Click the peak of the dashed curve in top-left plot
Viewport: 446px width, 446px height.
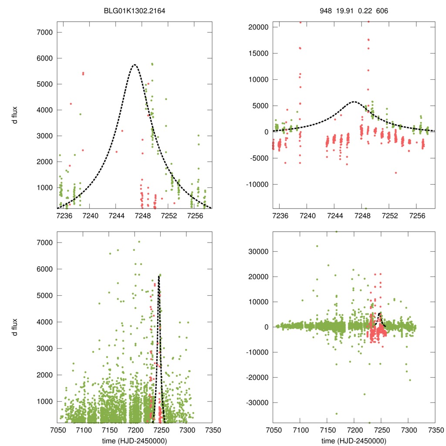click(x=135, y=65)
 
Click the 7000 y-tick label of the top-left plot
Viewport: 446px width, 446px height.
click(x=45, y=32)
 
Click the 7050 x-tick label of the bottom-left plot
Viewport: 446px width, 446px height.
click(x=58, y=430)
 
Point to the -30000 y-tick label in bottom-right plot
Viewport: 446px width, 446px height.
click(x=255, y=402)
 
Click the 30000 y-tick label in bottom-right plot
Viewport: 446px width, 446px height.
click(x=256, y=251)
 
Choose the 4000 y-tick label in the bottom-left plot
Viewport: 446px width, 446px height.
click(x=45, y=322)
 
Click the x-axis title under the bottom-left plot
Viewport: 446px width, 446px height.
click(x=135, y=440)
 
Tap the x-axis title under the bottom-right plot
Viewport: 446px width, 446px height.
click(x=354, y=440)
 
